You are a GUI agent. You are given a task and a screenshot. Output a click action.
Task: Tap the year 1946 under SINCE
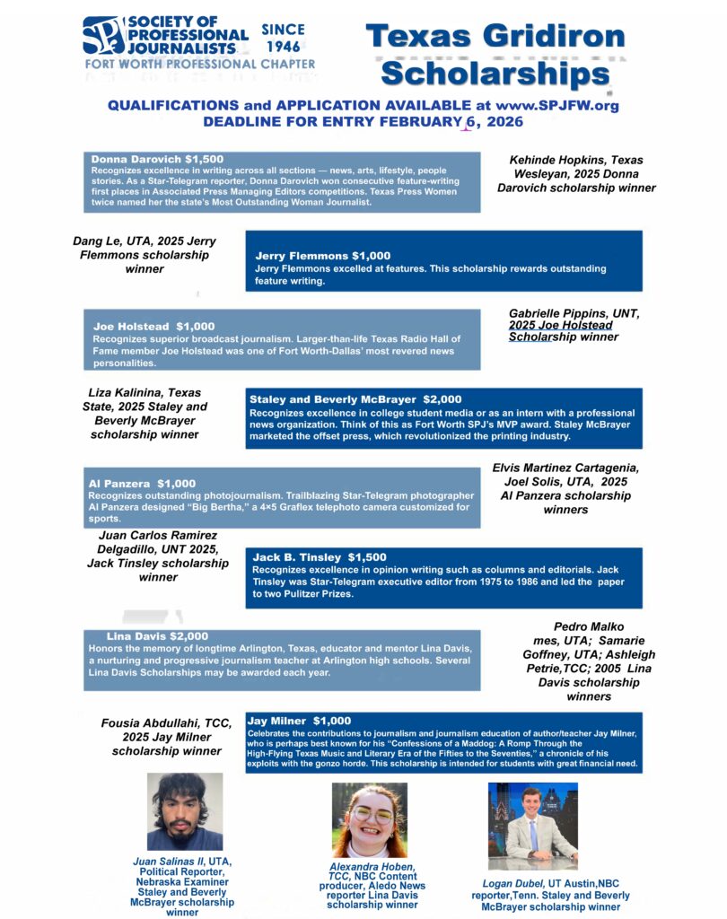click(x=283, y=47)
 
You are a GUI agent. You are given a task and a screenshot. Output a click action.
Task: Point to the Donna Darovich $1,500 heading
click(x=157, y=159)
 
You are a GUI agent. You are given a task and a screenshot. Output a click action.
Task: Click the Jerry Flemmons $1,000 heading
click(x=322, y=256)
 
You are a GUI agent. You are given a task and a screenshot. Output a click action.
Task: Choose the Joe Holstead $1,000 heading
click(x=153, y=326)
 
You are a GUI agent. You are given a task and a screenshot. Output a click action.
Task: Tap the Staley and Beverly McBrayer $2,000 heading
click(x=355, y=398)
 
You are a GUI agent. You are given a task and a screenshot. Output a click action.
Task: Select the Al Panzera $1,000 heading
click(x=142, y=484)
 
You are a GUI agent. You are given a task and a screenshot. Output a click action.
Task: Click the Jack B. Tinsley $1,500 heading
click(x=320, y=557)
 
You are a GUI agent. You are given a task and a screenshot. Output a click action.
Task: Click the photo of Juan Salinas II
click(x=185, y=811)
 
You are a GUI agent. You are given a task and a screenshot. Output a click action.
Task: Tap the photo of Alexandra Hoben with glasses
click(x=369, y=818)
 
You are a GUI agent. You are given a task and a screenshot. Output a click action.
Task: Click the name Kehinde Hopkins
click(x=552, y=160)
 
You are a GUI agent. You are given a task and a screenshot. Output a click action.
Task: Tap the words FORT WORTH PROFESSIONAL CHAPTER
click(x=200, y=65)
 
